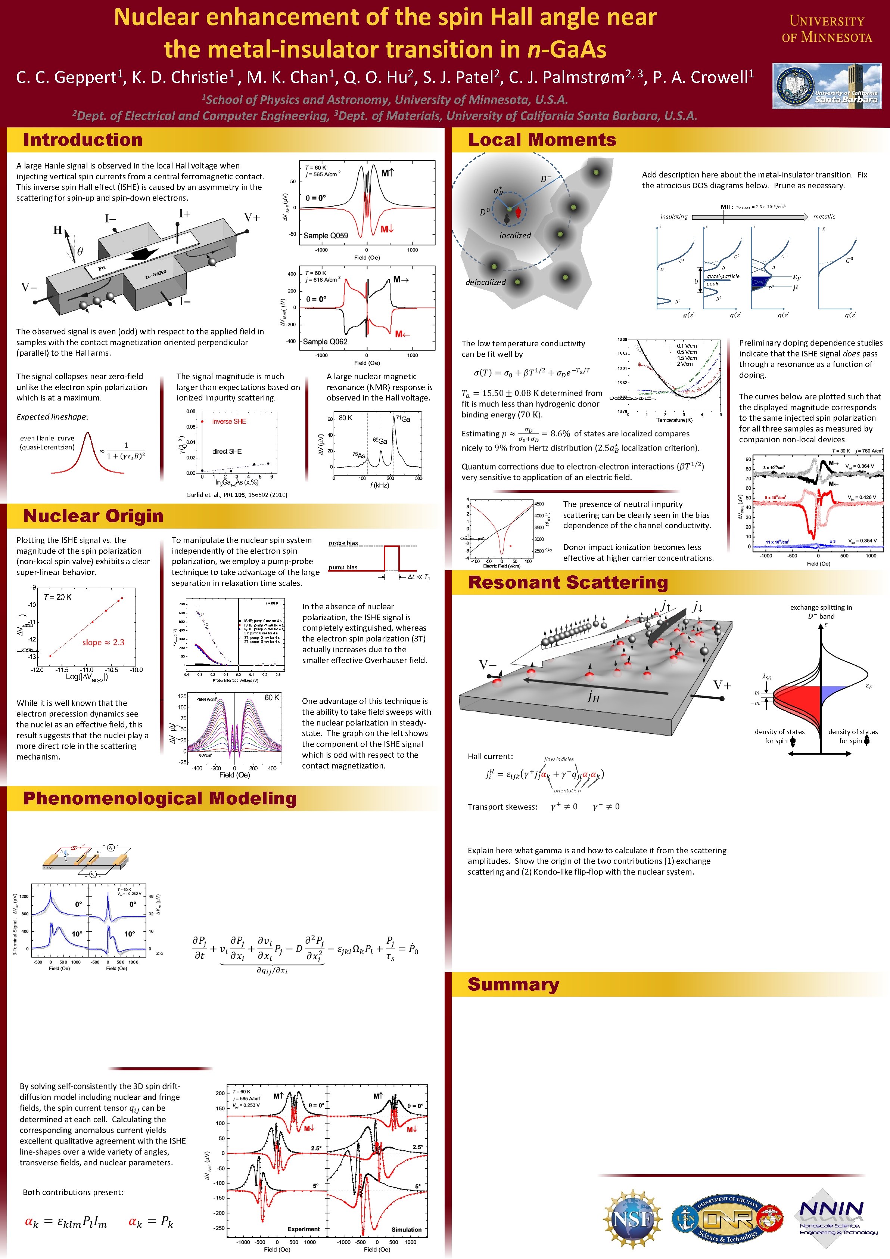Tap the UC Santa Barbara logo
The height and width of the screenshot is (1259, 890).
click(x=827, y=86)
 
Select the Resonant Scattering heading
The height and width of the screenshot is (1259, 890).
click(x=568, y=582)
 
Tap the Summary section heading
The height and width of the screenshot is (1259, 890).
click(x=513, y=984)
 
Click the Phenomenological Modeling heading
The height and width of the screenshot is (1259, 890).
click(x=159, y=798)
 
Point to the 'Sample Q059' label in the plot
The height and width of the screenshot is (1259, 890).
click(x=326, y=236)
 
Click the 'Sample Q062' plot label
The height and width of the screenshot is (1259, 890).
click(x=325, y=341)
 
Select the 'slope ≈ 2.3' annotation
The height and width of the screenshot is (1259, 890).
click(x=103, y=642)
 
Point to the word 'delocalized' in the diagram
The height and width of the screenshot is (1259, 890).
click(x=485, y=282)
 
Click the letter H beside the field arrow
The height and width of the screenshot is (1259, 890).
click(x=57, y=230)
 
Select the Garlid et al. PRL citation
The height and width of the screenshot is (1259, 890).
click(x=237, y=495)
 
